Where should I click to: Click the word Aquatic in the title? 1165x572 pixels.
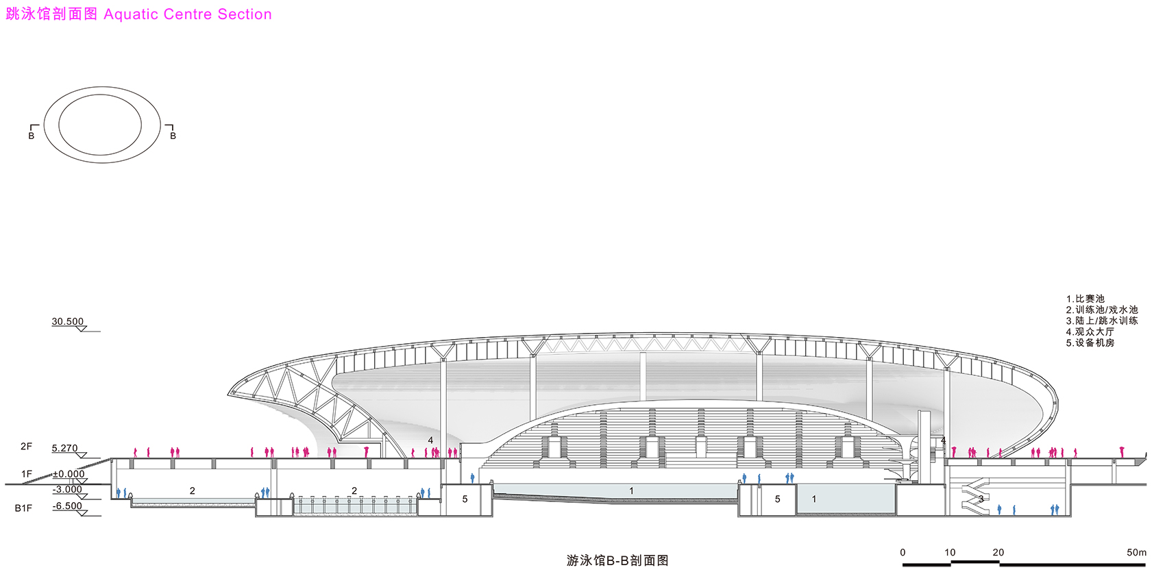click(x=132, y=14)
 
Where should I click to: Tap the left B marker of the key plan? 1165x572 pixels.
click(x=32, y=136)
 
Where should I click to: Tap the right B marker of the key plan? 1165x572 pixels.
click(x=173, y=136)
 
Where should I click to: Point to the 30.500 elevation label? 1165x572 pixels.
click(x=68, y=321)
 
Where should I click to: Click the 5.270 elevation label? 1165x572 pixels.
click(x=65, y=449)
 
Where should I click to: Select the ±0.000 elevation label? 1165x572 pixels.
click(x=69, y=474)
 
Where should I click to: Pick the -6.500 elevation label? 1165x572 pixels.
click(x=68, y=506)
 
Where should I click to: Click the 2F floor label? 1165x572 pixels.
click(x=26, y=447)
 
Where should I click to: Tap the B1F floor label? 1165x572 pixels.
click(x=23, y=508)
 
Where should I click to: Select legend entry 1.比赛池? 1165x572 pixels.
click(x=1086, y=299)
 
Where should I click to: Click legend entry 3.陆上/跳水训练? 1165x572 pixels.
click(x=1102, y=321)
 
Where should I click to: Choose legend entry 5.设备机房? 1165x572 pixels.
click(x=1090, y=343)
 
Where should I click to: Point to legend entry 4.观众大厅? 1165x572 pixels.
click(x=1090, y=332)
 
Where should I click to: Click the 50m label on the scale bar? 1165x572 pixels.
click(x=1136, y=552)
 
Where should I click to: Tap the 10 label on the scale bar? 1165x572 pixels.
click(x=950, y=552)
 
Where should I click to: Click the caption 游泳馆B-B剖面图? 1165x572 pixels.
click(x=617, y=560)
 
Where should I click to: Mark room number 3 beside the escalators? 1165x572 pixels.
click(x=981, y=499)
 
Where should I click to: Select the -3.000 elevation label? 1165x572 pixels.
click(x=68, y=490)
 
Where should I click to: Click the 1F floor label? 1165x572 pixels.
click(x=26, y=474)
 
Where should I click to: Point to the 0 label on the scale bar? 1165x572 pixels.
click(x=903, y=552)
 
